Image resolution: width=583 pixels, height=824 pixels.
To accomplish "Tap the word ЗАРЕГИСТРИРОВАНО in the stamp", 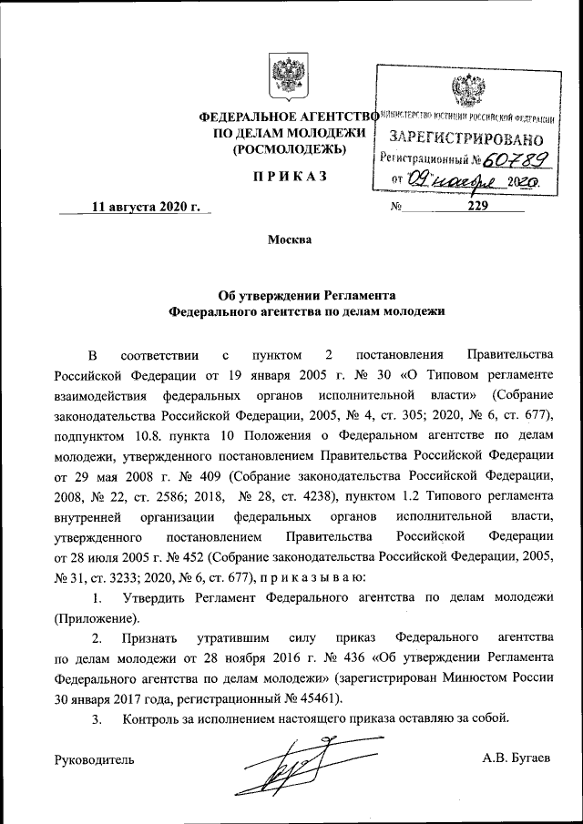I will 465,139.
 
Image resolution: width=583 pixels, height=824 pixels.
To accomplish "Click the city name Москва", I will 290,240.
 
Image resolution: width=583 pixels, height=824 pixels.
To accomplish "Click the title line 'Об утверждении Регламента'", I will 307,295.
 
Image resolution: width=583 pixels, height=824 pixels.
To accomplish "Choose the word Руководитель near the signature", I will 95,758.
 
